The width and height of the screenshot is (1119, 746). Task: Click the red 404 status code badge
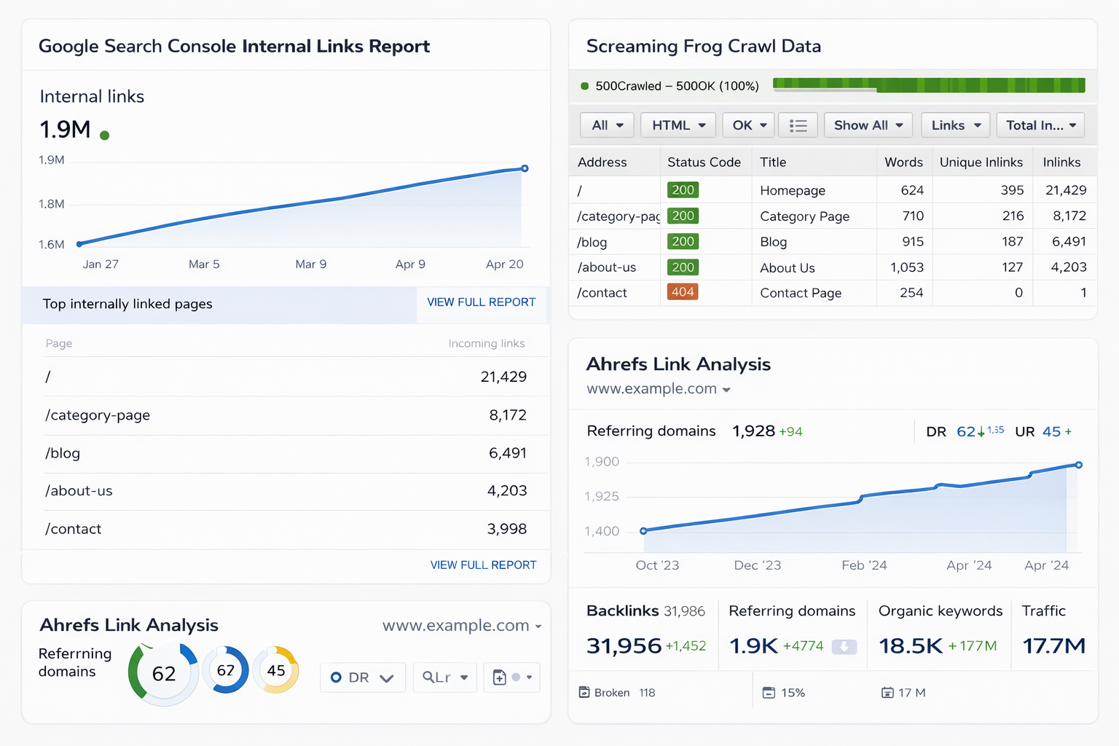(683, 292)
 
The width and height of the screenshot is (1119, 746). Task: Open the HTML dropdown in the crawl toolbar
(678, 125)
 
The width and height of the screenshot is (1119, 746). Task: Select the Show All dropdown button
(868, 125)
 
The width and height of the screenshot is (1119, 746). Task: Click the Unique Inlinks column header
(981, 162)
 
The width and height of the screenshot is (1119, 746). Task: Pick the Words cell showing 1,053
(906, 267)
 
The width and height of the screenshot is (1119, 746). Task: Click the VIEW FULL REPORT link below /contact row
(483, 565)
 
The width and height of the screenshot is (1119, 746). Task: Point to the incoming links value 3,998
(506, 529)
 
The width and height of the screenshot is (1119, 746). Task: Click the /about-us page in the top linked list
(79, 491)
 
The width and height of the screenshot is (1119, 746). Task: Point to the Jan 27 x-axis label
(101, 264)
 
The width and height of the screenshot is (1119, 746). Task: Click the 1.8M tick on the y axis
(52, 204)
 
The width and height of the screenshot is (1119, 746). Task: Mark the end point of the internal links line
(525, 168)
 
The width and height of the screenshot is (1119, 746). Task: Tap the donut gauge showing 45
(276, 670)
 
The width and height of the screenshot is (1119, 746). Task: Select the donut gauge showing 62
(164, 674)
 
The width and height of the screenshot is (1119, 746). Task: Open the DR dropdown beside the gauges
(362, 678)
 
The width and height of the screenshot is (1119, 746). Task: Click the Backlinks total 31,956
(624, 645)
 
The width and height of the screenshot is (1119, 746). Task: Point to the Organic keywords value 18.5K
(911, 645)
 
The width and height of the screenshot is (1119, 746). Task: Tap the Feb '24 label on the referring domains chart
(864, 565)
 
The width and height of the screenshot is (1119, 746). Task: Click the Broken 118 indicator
(617, 693)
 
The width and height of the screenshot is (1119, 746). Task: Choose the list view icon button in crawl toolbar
(798, 125)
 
